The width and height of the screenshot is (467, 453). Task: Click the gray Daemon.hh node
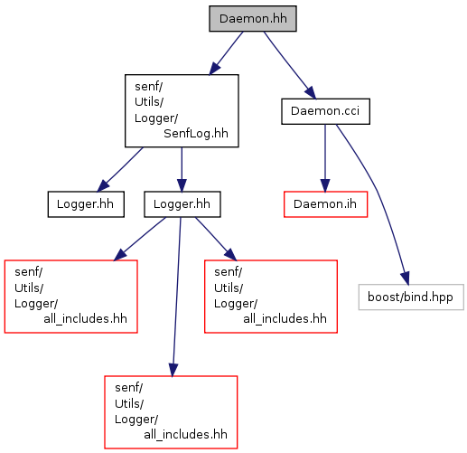click(253, 18)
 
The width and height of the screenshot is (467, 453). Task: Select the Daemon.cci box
click(325, 111)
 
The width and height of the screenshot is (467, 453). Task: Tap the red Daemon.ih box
click(325, 204)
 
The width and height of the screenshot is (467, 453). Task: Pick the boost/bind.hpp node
click(411, 297)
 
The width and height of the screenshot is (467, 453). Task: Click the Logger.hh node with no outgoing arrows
click(86, 204)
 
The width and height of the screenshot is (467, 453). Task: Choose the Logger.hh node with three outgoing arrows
click(182, 204)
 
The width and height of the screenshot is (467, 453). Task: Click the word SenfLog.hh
click(196, 133)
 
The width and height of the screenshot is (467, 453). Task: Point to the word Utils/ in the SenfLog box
click(149, 102)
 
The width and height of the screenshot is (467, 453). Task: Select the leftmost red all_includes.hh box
click(71, 297)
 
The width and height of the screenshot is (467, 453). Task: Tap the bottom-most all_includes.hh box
click(171, 412)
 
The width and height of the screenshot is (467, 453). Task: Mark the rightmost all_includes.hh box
click(271, 297)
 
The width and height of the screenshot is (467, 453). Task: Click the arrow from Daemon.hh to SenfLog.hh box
click(226, 53)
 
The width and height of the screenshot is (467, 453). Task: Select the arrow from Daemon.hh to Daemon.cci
click(290, 65)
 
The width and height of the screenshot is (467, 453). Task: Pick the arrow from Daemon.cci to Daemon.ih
click(325, 158)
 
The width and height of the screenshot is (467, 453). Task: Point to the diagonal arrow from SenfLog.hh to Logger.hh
click(120, 169)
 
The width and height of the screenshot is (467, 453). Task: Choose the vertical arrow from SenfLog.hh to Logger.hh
click(182, 169)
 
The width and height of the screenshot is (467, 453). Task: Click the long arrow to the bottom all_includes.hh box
click(176, 297)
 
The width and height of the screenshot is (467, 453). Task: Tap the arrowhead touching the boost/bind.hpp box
click(406, 278)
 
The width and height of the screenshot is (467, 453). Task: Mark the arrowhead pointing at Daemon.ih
click(325, 185)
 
